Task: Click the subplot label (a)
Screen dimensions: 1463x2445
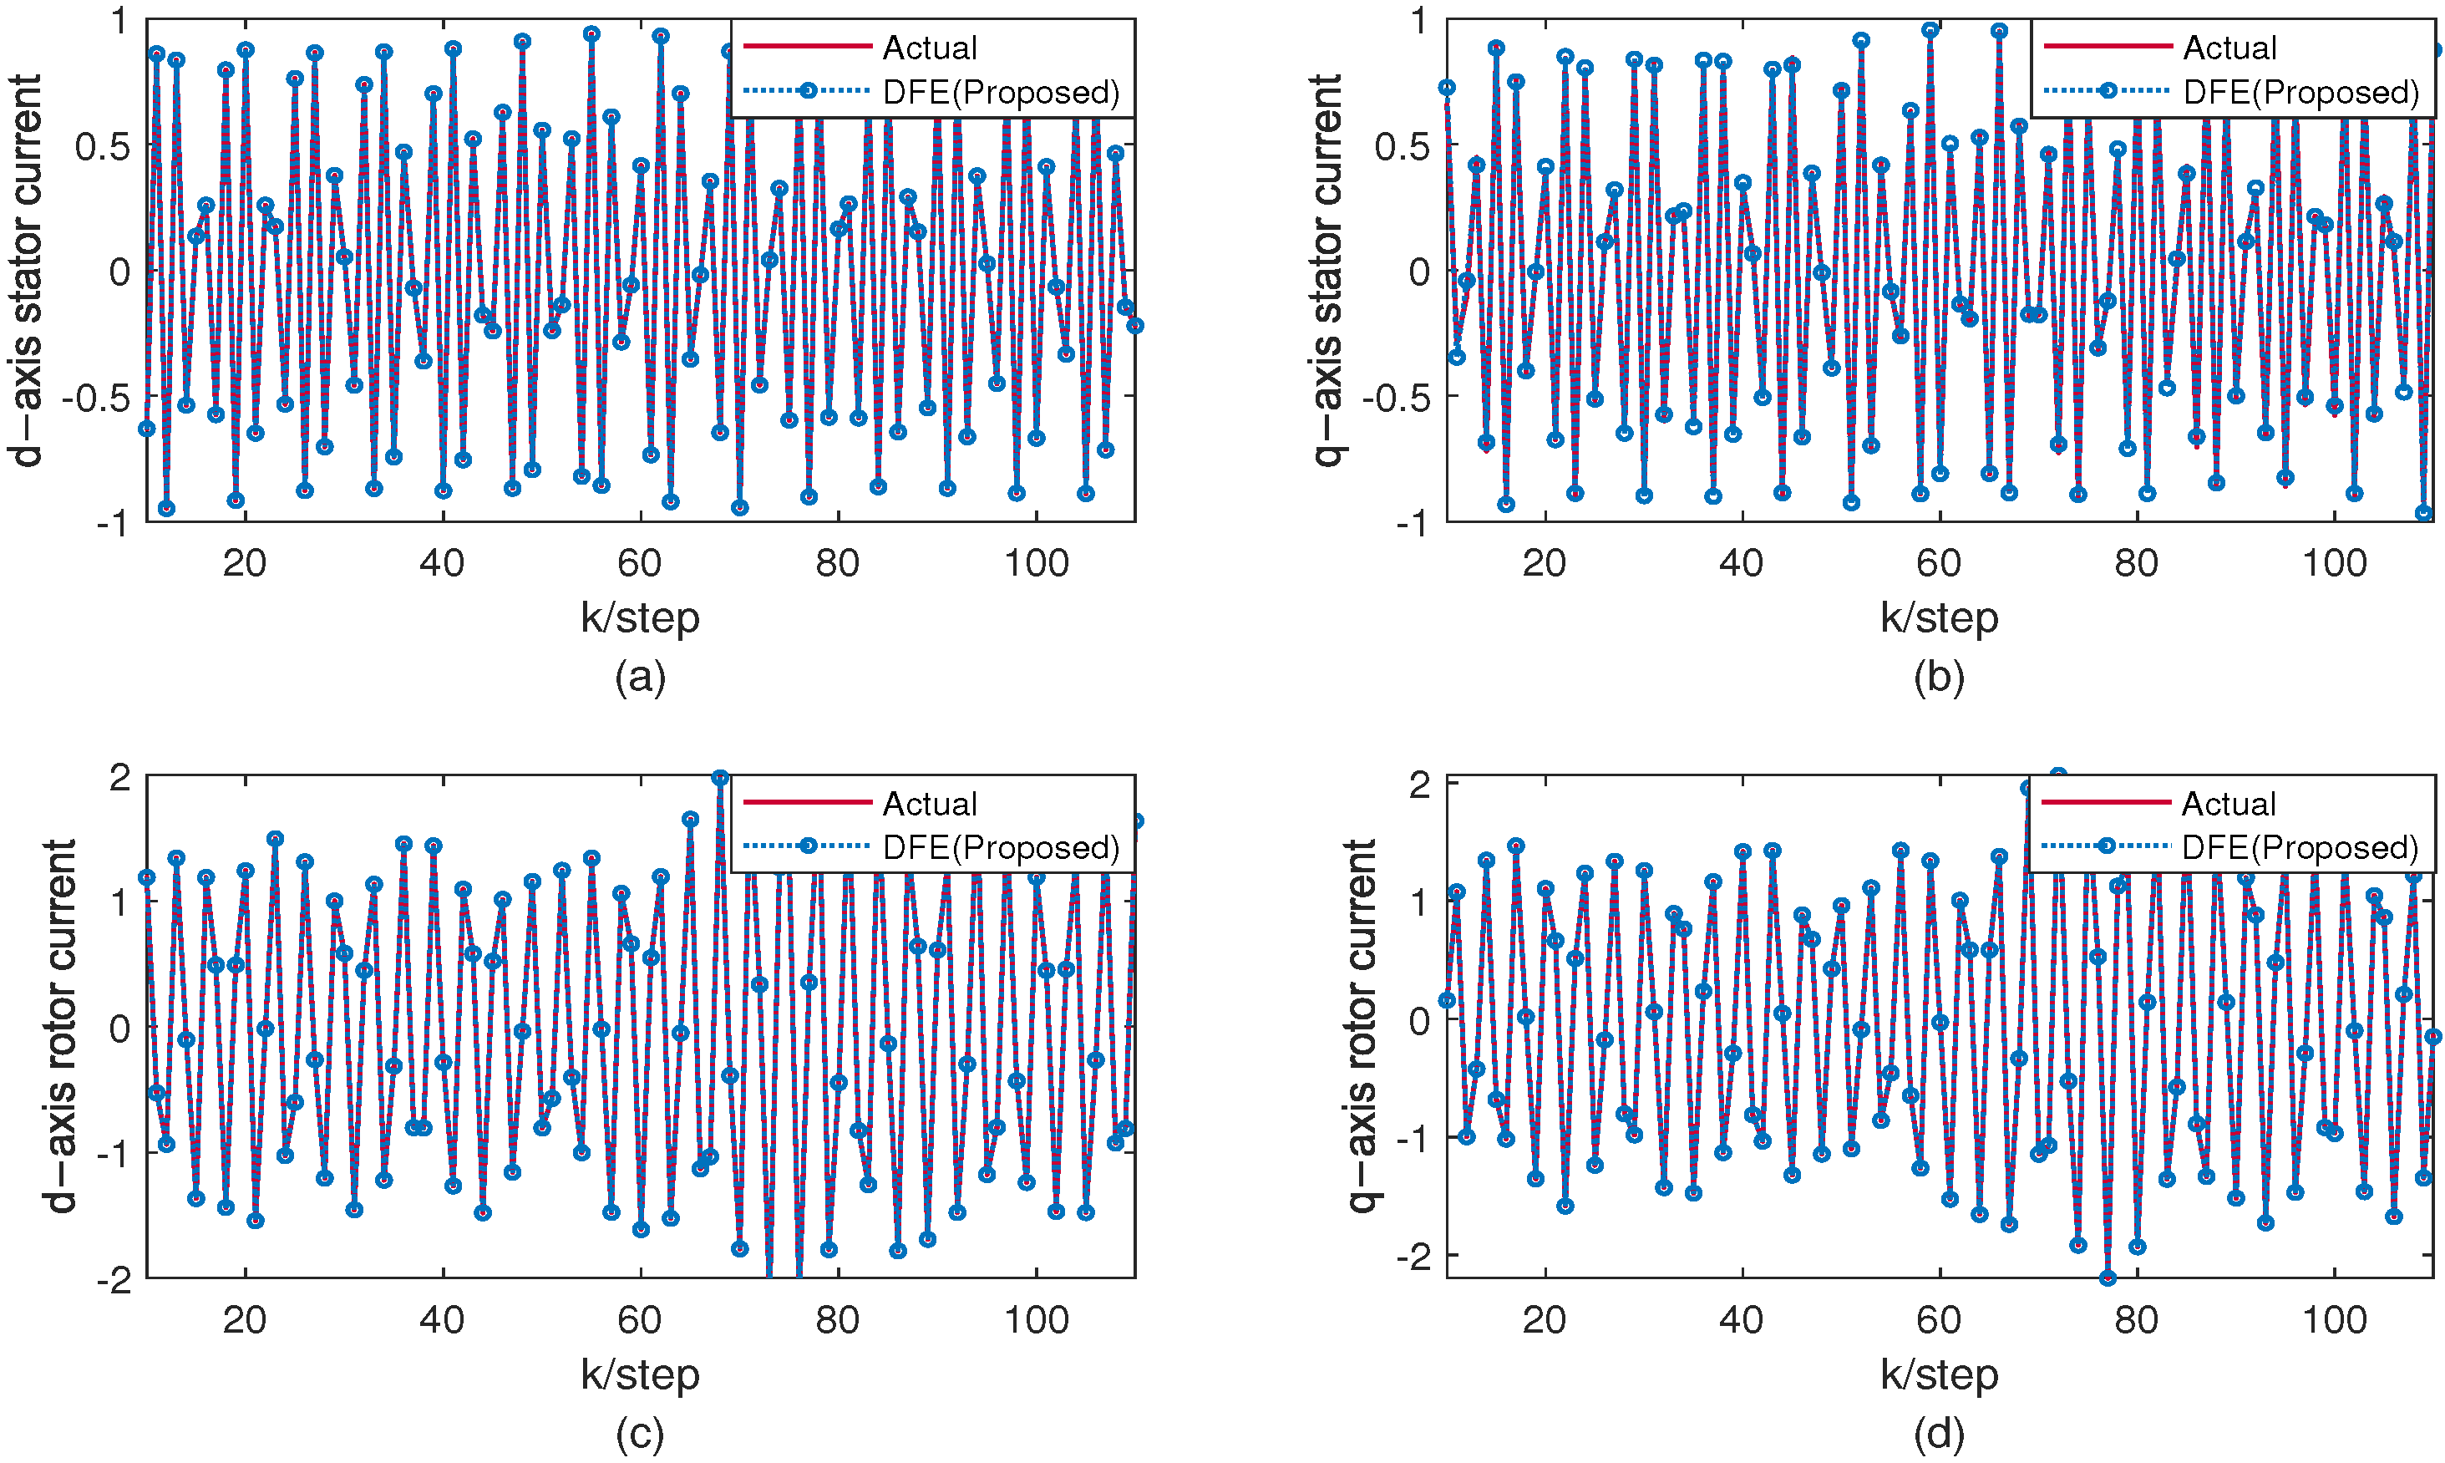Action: click(640, 678)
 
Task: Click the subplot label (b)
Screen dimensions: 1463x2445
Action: click(1939, 678)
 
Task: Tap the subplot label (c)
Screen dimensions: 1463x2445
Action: click(640, 1434)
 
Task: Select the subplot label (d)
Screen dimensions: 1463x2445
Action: click(1939, 1434)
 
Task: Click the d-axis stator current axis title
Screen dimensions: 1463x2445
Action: click(28, 269)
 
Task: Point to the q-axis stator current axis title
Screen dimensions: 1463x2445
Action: click(1327, 269)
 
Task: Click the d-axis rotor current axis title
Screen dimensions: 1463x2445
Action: click(61, 1026)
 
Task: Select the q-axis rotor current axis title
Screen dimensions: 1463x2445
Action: click(1361, 1026)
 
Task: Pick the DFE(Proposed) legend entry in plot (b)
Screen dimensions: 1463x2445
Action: click(2300, 92)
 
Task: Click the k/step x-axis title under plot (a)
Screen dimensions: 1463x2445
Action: click(640, 618)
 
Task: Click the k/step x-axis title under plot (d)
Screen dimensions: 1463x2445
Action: click(1939, 1374)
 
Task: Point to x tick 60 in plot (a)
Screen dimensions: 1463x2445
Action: click(640, 564)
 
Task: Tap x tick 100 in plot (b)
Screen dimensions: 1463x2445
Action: click(2334, 564)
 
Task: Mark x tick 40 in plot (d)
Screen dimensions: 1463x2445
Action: click(1742, 1320)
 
